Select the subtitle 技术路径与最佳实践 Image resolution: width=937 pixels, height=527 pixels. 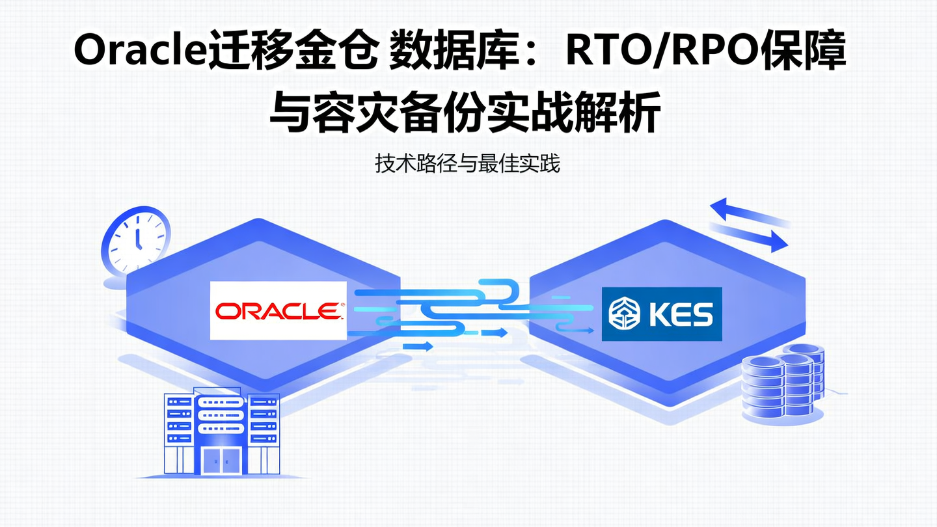(467, 163)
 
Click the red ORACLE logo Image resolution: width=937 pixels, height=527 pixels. (278, 310)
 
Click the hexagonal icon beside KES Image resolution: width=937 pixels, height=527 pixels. (624, 314)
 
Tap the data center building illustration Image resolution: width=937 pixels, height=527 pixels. (221, 429)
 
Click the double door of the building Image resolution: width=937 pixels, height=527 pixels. (221, 460)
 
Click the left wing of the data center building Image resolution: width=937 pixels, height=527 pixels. (177, 429)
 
